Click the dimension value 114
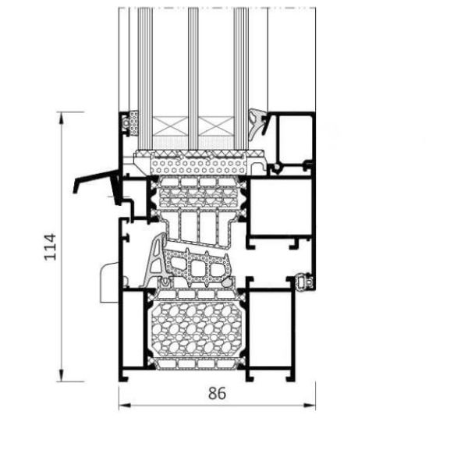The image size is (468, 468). pos(50,246)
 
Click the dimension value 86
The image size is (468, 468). pos(217,393)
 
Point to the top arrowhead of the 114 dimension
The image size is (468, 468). pos(61,118)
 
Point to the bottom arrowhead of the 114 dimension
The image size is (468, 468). pos(61,375)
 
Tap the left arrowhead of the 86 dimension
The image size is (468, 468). pos(125,406)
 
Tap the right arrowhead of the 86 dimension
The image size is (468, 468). pos(310,406)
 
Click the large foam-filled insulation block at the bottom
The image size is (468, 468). pos(197,329)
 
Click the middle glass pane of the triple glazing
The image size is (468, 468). pos(193,78)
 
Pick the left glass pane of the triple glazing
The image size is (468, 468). pos(145,78)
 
